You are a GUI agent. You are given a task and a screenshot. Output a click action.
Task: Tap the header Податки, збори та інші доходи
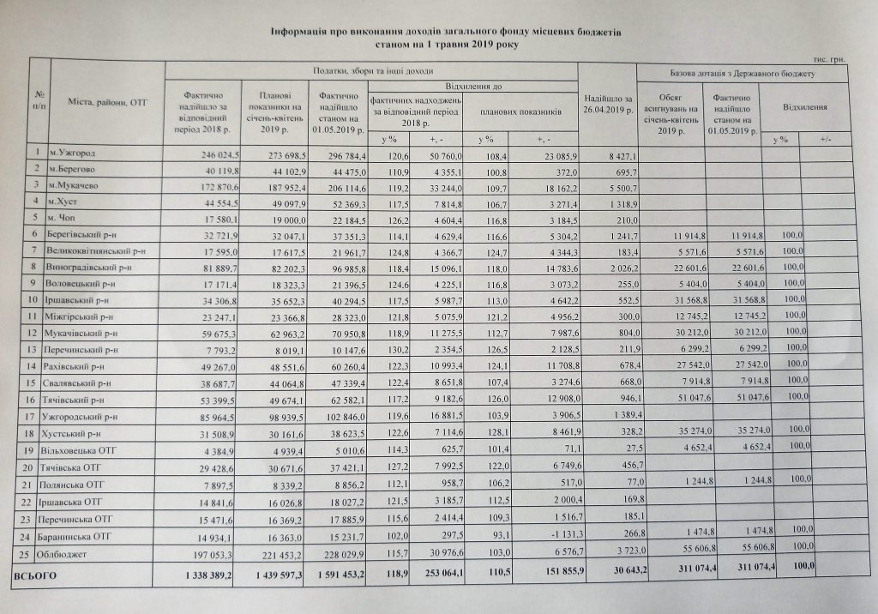coord(371,70)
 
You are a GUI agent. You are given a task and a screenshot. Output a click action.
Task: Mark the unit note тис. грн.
coord(831,57)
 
